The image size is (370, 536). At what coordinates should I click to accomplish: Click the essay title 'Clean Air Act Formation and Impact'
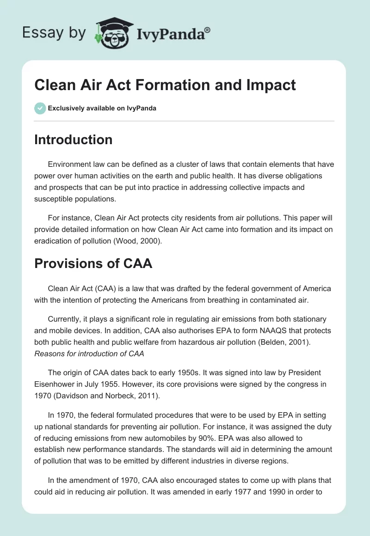[x=165, y=85]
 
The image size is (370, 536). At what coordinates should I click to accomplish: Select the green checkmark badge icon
[x=40, y=108]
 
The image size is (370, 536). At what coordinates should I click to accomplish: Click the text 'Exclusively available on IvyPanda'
[x=102, y=109]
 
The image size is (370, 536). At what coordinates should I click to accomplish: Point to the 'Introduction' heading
[x=73, y=140]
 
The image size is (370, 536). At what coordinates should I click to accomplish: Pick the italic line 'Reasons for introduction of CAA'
[x=89, y=354]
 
